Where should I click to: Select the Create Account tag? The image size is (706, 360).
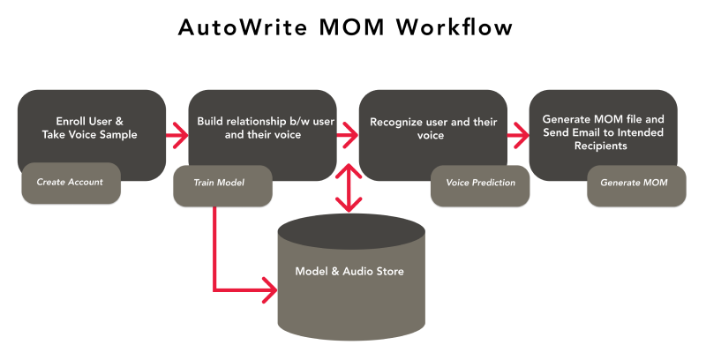click(x=70, y=183)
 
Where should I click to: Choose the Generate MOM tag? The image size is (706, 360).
click(x=634, y=183)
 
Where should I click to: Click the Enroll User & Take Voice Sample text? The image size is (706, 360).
click(x=91, y=128)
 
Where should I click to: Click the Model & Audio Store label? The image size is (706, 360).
click(x=349, y=271)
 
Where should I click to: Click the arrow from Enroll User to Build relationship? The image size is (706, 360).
click(x=177, y=136)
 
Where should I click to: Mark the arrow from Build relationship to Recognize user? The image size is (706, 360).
click(x=348, y=136)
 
